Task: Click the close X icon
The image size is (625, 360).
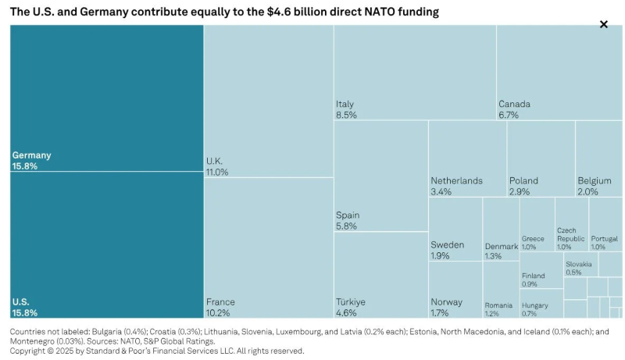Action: coord(603,24)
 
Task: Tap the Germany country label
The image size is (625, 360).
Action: coord(31,155)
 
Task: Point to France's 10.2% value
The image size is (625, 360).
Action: coord(218,313)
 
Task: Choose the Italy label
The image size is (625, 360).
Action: coord(345,104)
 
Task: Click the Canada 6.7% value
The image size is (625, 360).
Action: coord(510,115)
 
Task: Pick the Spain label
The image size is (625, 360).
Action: coord(348,216)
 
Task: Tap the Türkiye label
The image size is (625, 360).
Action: coord(351,302)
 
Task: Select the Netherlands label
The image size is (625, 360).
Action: coord(456,180)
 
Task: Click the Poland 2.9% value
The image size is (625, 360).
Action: coord(520,191)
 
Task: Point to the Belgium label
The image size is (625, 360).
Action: coord(594,180)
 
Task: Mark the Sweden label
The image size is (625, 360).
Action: coord(447,244)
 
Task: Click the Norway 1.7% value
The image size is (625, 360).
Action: coord(440,313)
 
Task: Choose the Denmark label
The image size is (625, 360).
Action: coord(501,247)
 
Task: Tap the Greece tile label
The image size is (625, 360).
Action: coord(533,238)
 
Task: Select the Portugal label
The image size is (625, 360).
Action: coord(604,238)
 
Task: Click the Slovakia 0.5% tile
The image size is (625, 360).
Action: coord(578,268)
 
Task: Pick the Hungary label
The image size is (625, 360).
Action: coord(535,305)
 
